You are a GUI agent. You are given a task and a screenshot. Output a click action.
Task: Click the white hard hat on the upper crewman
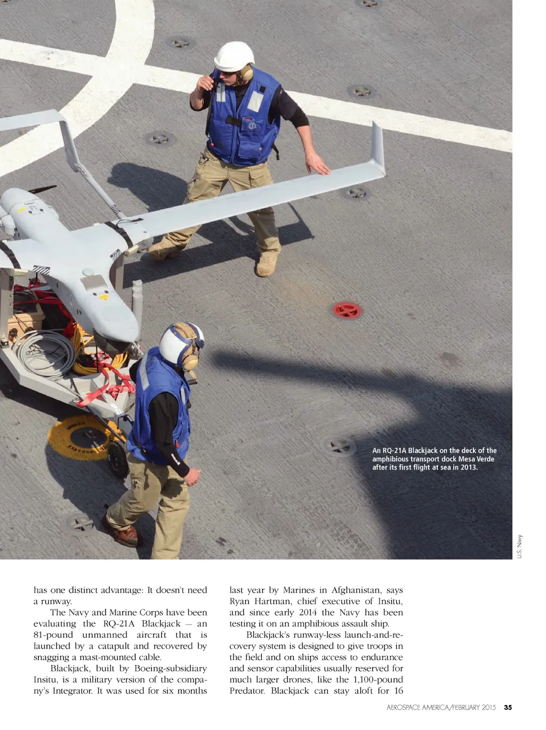[x=234, y=56]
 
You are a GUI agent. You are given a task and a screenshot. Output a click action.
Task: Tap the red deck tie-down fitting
[x=347, y=310]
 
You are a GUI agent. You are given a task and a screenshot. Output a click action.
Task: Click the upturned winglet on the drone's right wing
[x=378, y=149]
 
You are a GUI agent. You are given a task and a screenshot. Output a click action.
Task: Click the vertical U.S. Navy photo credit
[x=520, y=546]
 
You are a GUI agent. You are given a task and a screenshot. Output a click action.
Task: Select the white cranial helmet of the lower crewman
[x=179, y=344]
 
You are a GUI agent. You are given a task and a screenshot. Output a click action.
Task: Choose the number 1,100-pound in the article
[x=378, y=680]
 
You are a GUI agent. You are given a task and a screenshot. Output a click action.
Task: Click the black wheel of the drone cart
[x=118, y=459]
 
